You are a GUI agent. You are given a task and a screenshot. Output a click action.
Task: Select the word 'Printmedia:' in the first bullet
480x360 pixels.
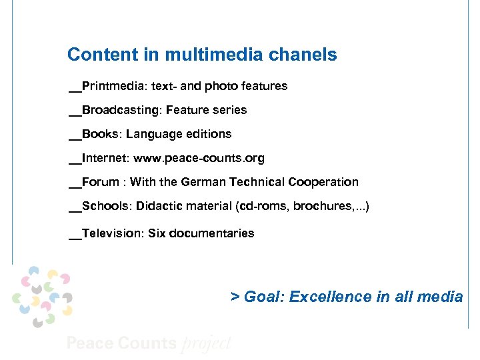point(109,86)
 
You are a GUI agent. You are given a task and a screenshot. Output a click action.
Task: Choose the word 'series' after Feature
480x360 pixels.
point(229,110)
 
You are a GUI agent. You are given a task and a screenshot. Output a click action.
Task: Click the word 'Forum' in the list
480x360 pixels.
point(101,182)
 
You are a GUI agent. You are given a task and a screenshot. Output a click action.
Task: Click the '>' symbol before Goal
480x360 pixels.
point(235,297)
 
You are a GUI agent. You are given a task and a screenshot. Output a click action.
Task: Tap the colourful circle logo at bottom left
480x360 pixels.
point(42,296)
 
